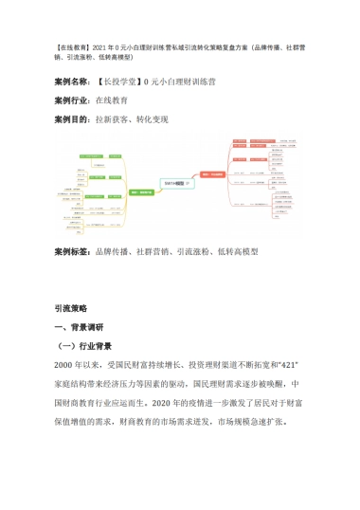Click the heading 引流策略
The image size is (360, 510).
click(x=71, y=308)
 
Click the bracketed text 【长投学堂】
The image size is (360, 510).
click(x=118, y=82)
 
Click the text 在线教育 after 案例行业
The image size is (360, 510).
click(x=113, y=100)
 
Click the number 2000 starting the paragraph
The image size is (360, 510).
click(x=64, y=365)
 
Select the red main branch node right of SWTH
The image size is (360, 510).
click(x=213, y=173)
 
